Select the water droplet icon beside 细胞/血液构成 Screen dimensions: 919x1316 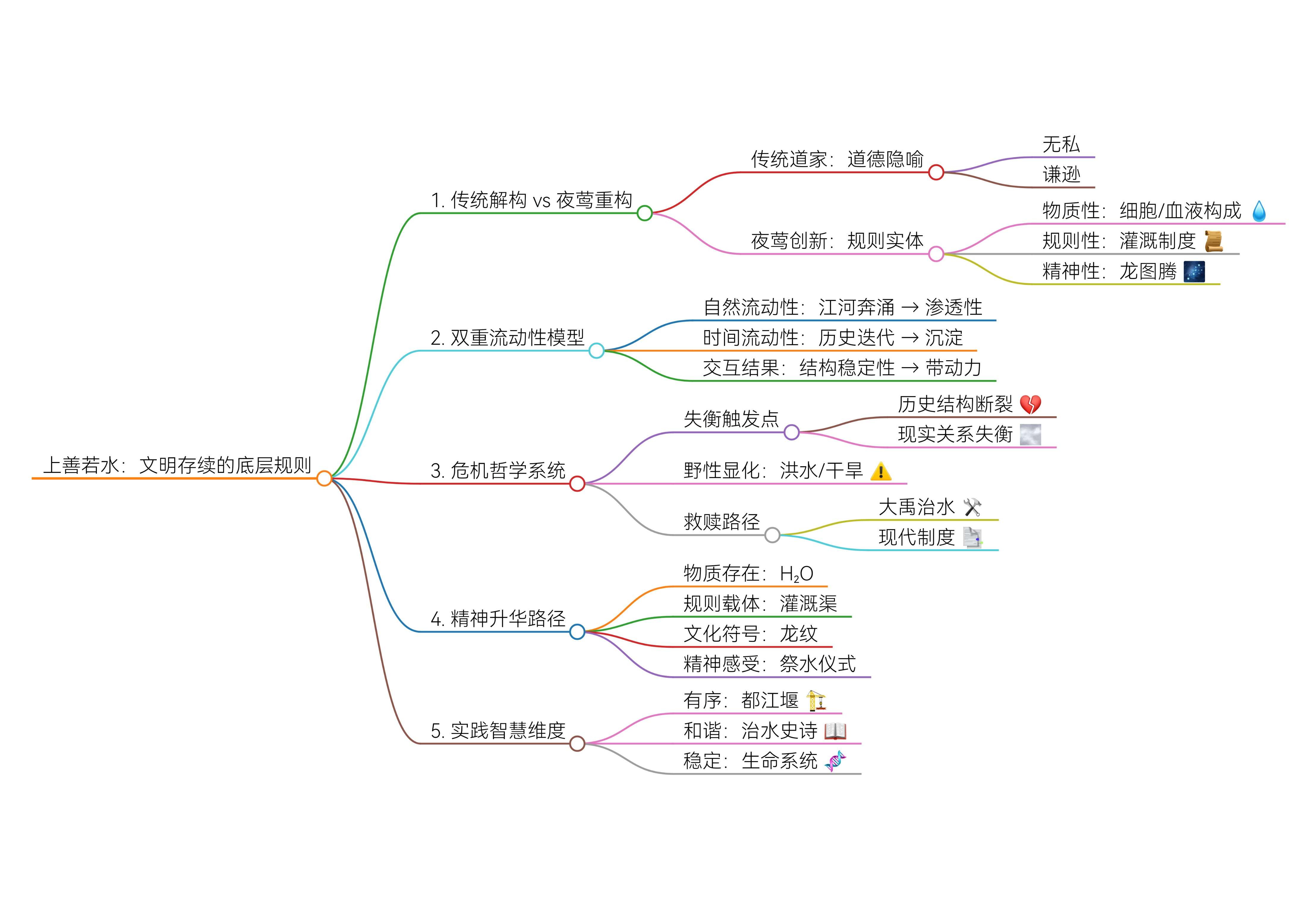pos(1259,211)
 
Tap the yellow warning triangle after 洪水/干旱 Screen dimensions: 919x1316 pos(880,471)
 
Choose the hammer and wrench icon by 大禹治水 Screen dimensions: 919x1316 pos(972,507)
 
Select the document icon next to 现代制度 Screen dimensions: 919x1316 pos(972,537)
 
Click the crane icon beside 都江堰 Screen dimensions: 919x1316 pos(816,700)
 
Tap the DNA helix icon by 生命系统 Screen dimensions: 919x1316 pos(835,761)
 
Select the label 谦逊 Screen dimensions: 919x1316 pos(1061,174)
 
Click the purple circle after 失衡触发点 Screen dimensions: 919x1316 pos(791,432)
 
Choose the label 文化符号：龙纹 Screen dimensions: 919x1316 pos(750,634)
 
